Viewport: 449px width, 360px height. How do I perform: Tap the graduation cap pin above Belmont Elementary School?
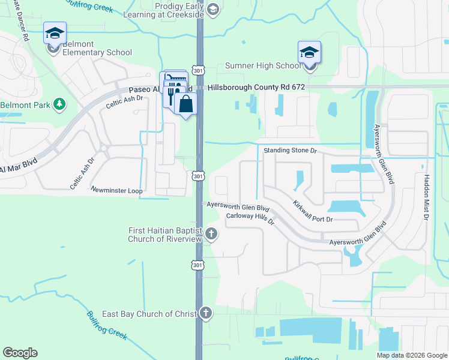click(x=55, y=33)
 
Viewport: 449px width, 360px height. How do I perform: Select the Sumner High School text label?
click(x=262, y=65)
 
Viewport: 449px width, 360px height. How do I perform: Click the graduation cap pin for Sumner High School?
click(x=309, y=52)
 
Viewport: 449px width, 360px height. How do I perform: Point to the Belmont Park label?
click(x=23, y=104)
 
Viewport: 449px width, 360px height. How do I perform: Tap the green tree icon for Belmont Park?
click(x=59, y=104)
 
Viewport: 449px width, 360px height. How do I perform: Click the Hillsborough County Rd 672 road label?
click(x=256, y=87)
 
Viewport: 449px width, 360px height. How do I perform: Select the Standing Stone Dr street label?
click(x=289, y=149)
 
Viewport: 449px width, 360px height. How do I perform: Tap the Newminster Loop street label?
click(x=116, y=190)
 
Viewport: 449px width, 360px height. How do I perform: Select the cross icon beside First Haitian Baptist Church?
click(x=211, y=233)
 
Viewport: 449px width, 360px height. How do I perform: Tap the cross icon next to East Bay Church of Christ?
click(x=205, y=313)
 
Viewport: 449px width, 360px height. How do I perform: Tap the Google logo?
click(x=20, y=353)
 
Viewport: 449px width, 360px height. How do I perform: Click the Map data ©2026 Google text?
click(x=411, y=355)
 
